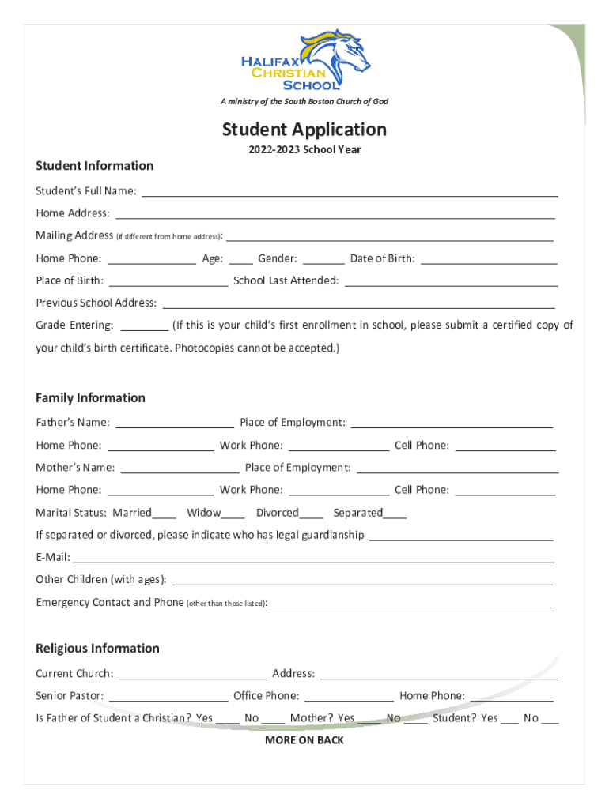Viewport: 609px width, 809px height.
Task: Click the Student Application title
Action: [x=304, y=130]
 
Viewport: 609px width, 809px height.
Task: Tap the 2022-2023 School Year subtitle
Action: [x=304, y=149]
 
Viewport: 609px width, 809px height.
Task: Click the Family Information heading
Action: [x=90, y=398]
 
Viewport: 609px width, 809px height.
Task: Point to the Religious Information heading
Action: [x=97, y=649]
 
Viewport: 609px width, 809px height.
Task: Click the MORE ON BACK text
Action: [x=304, y=740]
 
